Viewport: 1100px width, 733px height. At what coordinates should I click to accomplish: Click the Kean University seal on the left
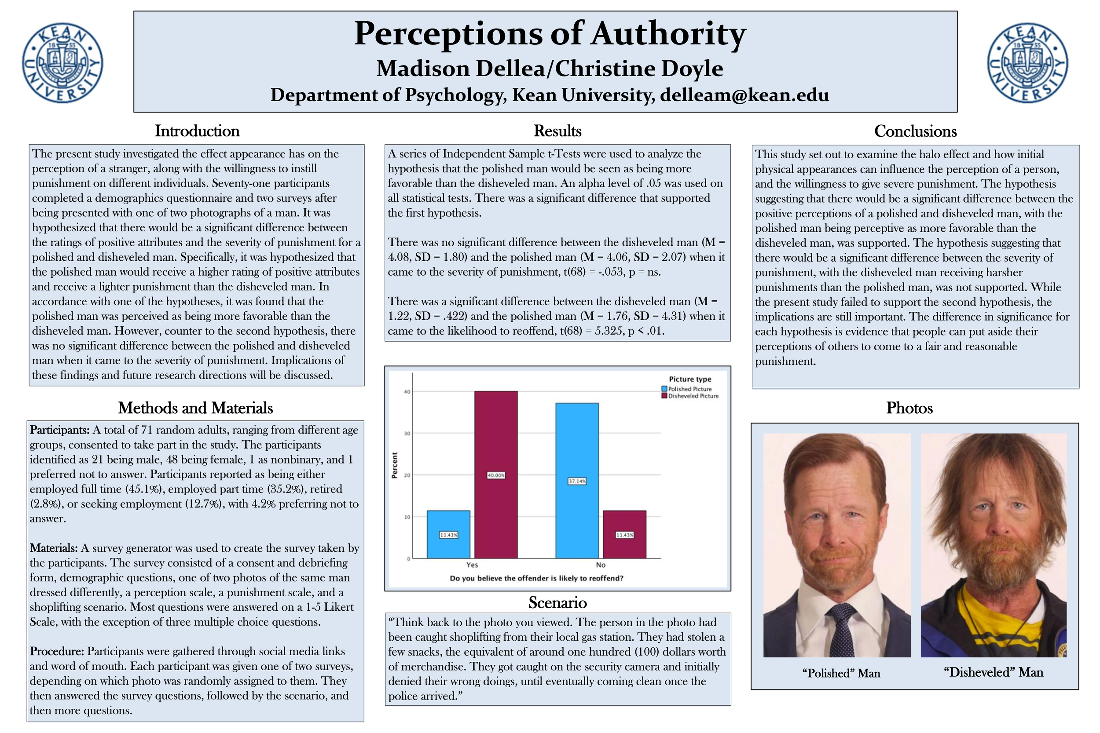pyautogui.click(x=62, y=63)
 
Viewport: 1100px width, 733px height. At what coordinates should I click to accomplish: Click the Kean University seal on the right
pyautogui.click(x=1027, y=63)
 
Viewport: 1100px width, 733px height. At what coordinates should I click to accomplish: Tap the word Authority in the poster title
pyautogui.click(x=667, y=34)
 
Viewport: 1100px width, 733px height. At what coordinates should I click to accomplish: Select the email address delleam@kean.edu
pyautogui.click(x=744, y=95)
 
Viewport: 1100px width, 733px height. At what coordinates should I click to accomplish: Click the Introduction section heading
pyautogui.click(x=197, y=131)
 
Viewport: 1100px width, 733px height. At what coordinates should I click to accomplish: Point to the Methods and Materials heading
pyautogui.click(x=195, y=408)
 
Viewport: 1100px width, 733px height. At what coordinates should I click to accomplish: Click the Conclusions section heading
pyautogui.click(x=915, y=131)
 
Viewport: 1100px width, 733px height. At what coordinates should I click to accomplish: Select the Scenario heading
pyautogui.click(x=557, y=602)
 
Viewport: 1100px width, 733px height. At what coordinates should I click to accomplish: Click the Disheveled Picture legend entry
pyautogui.click(x=690, y=396)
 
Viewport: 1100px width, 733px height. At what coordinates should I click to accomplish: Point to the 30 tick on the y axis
pyautogui.click(x=407, y=434)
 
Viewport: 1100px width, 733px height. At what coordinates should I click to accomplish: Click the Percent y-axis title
pyautogui.click(x=394, y=465)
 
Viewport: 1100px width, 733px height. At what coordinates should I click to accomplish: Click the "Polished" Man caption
pyautogui.click(x=841, y=673)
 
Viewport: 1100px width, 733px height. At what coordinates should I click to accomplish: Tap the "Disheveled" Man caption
pyautogui.click(x=994, y=672)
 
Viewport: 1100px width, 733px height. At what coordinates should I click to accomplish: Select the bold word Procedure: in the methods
pyautogui.click(x=57, y=651)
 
